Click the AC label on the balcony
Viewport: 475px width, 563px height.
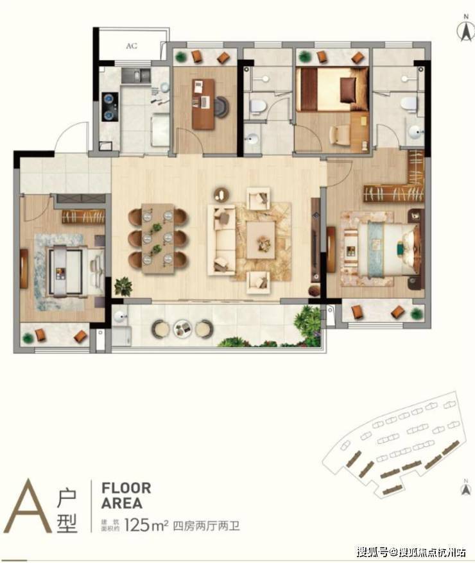pyautogui.click(x=132, y=46)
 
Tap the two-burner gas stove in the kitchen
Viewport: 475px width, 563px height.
pyautogui.click(x=110, y=106)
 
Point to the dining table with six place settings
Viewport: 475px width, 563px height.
pyautogui.click(x=158, y=239)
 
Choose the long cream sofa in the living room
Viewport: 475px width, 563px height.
pyautogui.click(x=221, y=240)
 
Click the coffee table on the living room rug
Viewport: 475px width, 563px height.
pyautogui.click(x=261, y=240)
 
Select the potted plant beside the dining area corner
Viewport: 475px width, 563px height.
pyautogui.click(x=123, y=287)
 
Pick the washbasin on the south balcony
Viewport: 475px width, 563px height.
pyautogui.click(x=119, y=316)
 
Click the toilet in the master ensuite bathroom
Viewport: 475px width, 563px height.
pyautogui.click(x=408, y=103)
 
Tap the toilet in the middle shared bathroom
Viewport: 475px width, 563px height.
pyautogui.click(x=257, y=106)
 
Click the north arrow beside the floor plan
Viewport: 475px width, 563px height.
pyautogui.click(x=466, y=29)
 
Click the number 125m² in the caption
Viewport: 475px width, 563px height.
pyautogui.click(x=146, y=526)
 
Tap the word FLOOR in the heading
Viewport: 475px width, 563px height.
pyautogui.click(x=126, y=489)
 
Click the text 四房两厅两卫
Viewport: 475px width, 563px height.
pyautogui.click(x=206, y=526)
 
